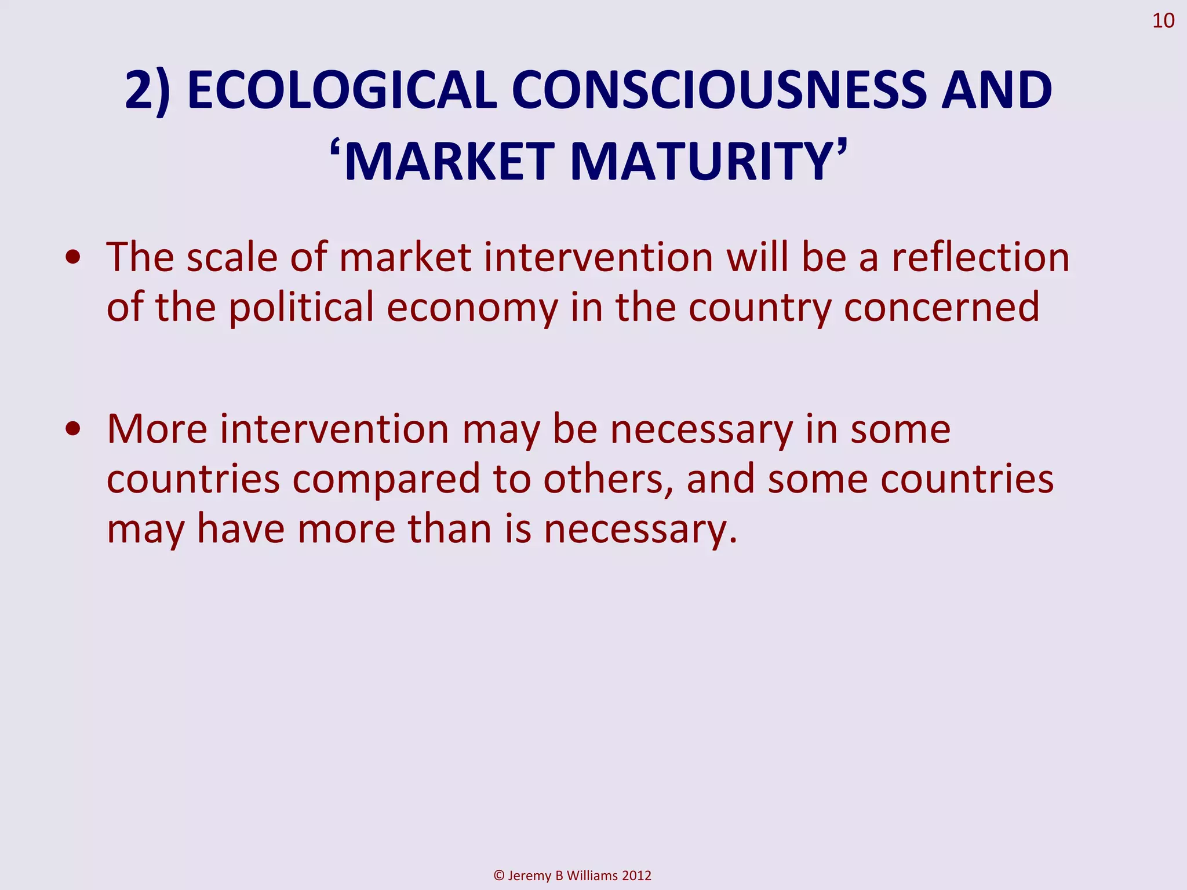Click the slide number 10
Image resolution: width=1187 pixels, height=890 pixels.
point(1163,21)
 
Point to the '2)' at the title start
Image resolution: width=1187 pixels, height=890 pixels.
point(148,92)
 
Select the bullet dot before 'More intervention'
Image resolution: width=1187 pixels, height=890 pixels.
point(73,430)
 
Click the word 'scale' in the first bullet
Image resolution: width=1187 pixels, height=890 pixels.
point(232,257)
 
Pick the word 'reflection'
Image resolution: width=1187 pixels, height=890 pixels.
point(980,257)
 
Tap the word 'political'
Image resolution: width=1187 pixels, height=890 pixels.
point(301,307)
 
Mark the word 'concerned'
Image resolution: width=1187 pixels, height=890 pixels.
point(941,307)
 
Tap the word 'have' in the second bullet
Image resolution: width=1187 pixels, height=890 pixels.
point(241,528)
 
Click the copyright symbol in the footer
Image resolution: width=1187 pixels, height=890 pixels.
point(499,876)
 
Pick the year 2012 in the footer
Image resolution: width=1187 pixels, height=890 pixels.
point(636,876)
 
